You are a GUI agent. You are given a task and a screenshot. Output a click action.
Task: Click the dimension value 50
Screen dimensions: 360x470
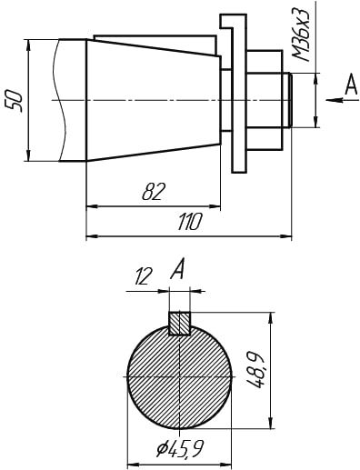click(x=15, y=101)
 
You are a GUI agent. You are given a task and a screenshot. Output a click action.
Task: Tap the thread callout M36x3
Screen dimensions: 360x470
click(x=301, y=34)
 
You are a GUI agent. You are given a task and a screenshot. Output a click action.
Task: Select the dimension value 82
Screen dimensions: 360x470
click(x=155, y=192)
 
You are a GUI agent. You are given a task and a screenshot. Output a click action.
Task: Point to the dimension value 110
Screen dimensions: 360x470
click(x=189, y=222)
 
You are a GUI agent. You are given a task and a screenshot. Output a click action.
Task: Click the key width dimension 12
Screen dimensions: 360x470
click(x=143, y=276)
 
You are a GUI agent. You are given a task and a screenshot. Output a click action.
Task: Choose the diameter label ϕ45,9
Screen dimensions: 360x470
click(x=180, y=449)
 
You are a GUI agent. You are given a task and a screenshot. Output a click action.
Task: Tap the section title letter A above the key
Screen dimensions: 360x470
click(x=177, y=268)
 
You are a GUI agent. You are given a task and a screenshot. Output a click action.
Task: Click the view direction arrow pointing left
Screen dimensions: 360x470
click(x=335, y=100)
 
